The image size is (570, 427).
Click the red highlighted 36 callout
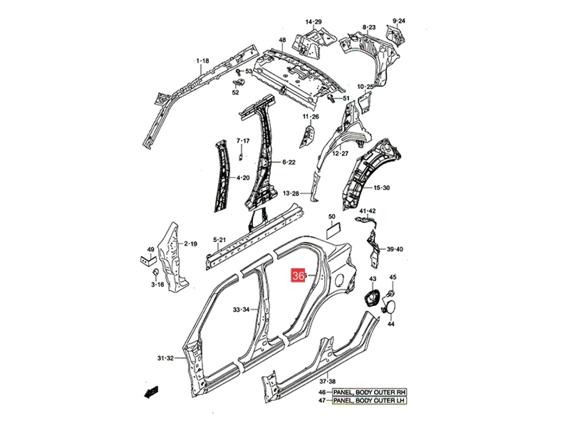click(298, 276)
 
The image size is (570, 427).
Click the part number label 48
click(282, 40)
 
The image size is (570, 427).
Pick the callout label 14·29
click(313, 22)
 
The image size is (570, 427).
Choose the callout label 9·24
click(399, 20)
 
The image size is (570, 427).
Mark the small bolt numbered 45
click(390, 293)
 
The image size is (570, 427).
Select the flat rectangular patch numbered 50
click(333, 230)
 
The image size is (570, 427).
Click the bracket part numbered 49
click(148, 260)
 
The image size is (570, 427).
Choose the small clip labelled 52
click(238, 83)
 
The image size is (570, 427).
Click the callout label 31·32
click(165, 358)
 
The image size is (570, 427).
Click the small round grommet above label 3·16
click(156, 272)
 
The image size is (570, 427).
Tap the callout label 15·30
click(382, 187)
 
